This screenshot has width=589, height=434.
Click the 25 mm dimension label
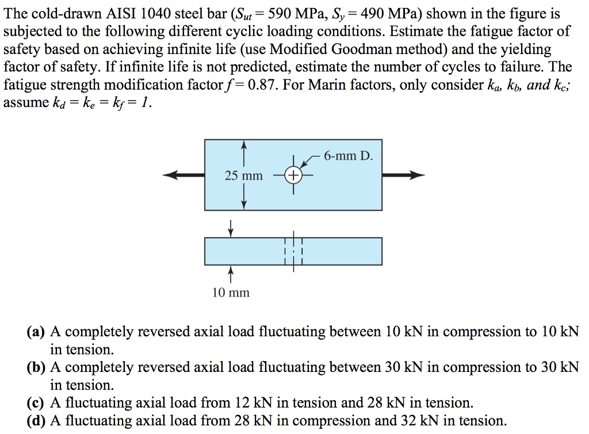(x=243, y=175)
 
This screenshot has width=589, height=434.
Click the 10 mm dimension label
(x=231, y=293)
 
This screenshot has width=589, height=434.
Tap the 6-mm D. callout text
(x=349, y=155)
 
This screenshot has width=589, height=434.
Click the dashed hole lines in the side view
(x=293, y=251)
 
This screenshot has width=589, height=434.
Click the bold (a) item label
(x=36, y=332)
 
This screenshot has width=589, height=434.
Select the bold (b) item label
(x=36, y=367)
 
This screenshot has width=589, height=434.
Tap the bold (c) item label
(x=36, y=403)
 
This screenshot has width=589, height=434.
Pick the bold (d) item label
(x=36, y=421)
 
